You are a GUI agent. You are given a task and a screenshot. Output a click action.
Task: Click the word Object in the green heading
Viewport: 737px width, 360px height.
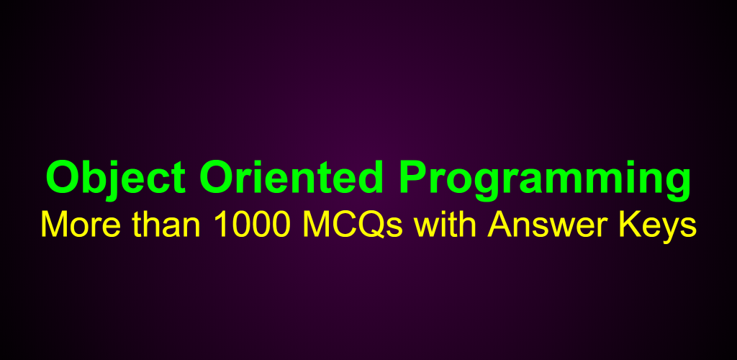pyautogui.click(x=116, y=178)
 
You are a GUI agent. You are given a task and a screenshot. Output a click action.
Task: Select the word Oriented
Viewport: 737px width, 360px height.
pyautogui.click(x=291, y=176)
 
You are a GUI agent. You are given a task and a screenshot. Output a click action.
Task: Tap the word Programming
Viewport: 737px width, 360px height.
pyautogui.click(x=545, y=181)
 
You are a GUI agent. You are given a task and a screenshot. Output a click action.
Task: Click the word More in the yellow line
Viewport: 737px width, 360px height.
pyautogui.click(x=81, y=225)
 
